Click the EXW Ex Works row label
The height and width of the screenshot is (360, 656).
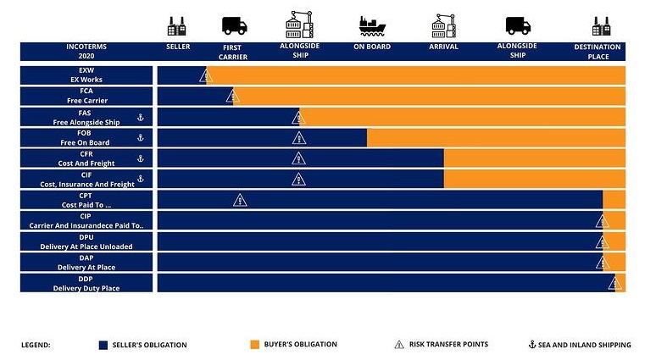[86, 75]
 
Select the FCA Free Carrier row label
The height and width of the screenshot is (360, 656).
[86, 96]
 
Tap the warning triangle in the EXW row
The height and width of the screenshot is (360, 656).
[205, 76]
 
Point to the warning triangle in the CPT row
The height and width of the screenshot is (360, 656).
[240, 200]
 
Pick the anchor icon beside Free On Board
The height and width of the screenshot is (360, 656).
[141, 137]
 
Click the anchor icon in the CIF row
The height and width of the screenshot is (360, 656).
[141, 179]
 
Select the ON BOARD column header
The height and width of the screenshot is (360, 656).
[372, 47]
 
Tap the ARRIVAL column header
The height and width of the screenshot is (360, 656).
[444, 47]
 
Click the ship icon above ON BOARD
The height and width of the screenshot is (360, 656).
[371, 25]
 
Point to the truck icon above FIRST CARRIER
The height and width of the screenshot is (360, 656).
[234, 25]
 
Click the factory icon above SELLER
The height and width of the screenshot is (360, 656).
[177, 25]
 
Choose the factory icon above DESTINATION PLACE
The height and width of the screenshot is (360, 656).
[602, 25]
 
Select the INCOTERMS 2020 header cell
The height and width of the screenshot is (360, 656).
[86, 52]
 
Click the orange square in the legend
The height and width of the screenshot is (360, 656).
[254, 345]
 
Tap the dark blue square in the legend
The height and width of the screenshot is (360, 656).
[103, 345]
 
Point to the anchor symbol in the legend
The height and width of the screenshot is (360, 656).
[532, 345]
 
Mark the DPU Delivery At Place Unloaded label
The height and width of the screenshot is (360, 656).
[86, 241]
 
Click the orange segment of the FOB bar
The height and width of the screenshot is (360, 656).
[496, 137]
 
